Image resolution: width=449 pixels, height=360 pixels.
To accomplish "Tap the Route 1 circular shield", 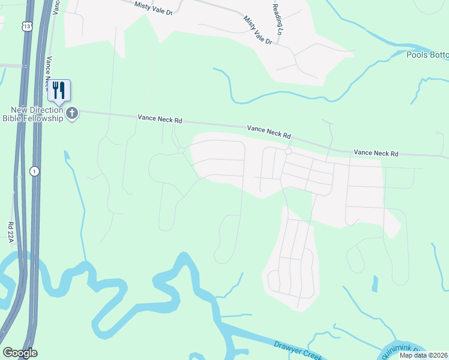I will pyautogui.click(x=35, y=172).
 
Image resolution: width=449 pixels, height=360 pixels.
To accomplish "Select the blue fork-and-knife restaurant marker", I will pyautogui.click(x=59, y=91).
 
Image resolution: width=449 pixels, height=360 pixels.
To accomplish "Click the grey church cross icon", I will pyautogui.click(x=72, y=113).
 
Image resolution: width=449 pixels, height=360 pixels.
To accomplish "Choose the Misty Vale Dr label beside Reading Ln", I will pyautogui.click(x=258, y=31).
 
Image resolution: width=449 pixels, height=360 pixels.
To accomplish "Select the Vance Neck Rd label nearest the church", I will pyautogui.click(x=160, y=119).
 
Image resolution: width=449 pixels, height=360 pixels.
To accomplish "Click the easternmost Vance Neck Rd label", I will pyautogui.click(x=376, y=154).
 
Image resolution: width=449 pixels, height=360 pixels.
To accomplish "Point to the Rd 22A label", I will pyautogui.click(x=11, y=233).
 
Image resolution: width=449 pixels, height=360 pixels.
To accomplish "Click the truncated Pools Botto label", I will pyautogui.click(x=427, y=55).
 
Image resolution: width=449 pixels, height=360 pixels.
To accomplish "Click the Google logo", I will pyautogui.click(x=20, y=353).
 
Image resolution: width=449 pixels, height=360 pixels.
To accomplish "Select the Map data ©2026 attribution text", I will pyautogui.click(x=424, y=355).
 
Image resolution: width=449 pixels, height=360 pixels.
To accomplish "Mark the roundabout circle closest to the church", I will pyautogui.click(x=181, y=151).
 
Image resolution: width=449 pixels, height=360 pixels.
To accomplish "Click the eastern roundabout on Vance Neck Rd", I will pyautogui.click(x=288, y=152).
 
